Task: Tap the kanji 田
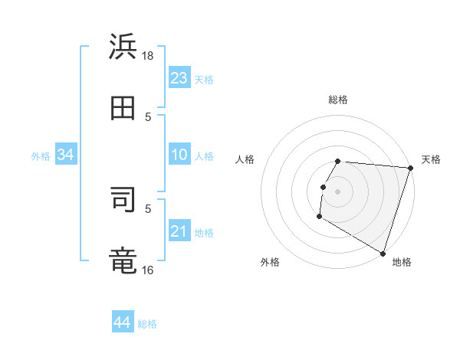[123, 108]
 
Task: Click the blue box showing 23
[179, 78]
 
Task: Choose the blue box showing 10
[179, 155]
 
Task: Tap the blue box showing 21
[179, 231]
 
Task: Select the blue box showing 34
[66, 155]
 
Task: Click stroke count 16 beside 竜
[149, 269]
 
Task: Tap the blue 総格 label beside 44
[147, 324]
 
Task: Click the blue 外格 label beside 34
[41, 156]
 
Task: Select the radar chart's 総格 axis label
[338, 100]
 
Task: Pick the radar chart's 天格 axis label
[431, 159]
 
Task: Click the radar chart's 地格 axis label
[402, 262]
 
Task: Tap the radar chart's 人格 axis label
[245, 159]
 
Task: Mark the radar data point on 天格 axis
[410, 168]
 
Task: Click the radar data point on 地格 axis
[383, 253]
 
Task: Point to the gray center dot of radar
[338, 191]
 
